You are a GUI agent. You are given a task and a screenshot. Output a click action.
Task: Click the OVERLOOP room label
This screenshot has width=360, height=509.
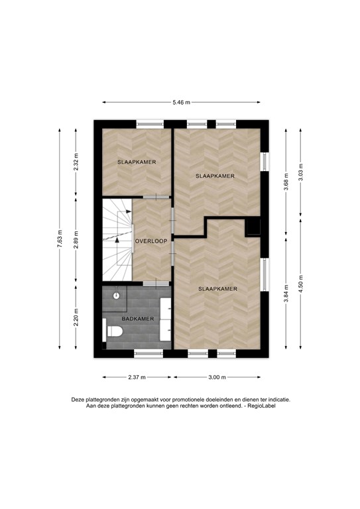(150, 241)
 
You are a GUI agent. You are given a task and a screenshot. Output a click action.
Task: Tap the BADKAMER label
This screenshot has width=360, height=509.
(139, 319)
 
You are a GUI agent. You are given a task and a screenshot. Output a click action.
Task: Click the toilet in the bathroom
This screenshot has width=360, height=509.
(112, 331)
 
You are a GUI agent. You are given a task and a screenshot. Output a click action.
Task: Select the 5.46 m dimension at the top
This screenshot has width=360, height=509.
(181, 102)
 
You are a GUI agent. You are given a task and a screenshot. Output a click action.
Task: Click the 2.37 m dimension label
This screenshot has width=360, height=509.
(138, 377)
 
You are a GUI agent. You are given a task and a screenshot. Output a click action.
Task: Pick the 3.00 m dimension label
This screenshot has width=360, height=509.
(217, 377)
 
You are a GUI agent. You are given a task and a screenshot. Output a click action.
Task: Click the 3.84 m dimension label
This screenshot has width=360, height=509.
(286, 293)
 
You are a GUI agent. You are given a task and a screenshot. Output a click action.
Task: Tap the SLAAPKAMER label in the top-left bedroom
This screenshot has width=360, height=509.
(137, 162)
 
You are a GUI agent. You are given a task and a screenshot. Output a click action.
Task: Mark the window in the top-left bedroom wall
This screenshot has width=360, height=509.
(149, 123)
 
